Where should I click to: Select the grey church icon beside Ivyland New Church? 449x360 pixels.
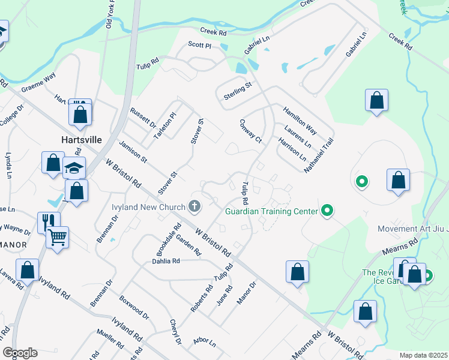(194, 207)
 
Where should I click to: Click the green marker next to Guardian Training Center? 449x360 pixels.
(327, 211)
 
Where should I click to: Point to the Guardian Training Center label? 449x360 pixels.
(272, 211)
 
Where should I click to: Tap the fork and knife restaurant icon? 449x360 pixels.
(45, 221)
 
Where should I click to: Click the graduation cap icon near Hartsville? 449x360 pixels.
(74, 168)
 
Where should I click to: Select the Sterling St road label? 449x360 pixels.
(238, 91)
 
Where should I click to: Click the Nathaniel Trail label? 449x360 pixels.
(318, 155)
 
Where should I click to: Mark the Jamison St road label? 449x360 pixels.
(133, 151)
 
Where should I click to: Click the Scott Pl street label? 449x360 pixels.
(200, 45)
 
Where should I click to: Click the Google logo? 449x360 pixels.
(20, 353)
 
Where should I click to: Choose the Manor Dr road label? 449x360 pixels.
(246, 292)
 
